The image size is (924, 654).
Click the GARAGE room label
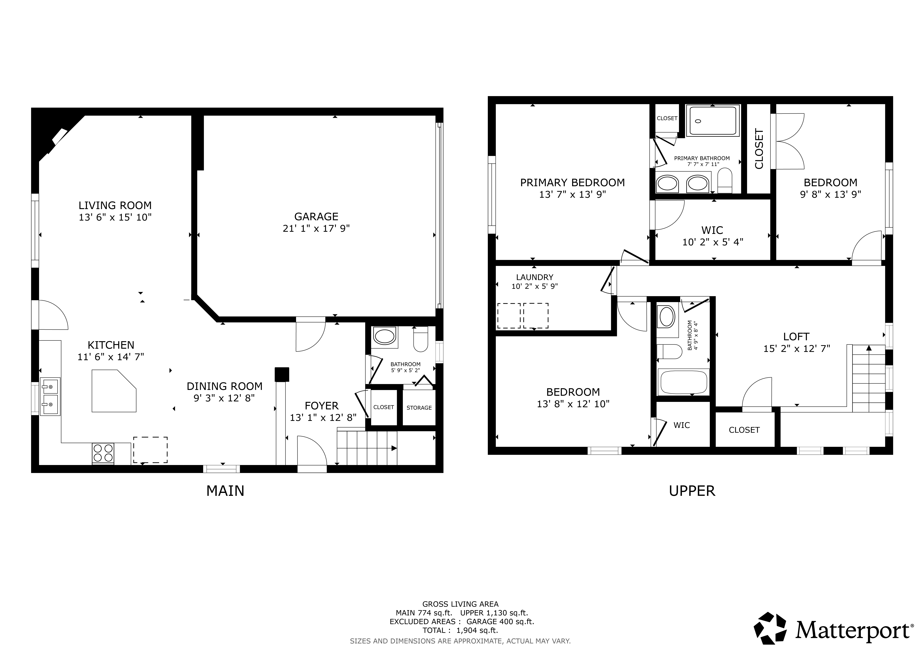point(316,217)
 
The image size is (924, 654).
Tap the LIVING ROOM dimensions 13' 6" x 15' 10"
point(115,217)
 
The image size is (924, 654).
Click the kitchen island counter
point(114,391)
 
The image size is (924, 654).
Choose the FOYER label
point(321,406)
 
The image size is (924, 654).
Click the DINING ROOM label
point(225,386)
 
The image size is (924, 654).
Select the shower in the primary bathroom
point(713,120)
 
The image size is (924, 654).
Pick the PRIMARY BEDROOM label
point(572,182)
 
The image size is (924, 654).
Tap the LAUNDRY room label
point(534,277)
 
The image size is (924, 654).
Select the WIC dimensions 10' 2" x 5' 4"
point(712,242)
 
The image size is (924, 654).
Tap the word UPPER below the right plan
point(692,491)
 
